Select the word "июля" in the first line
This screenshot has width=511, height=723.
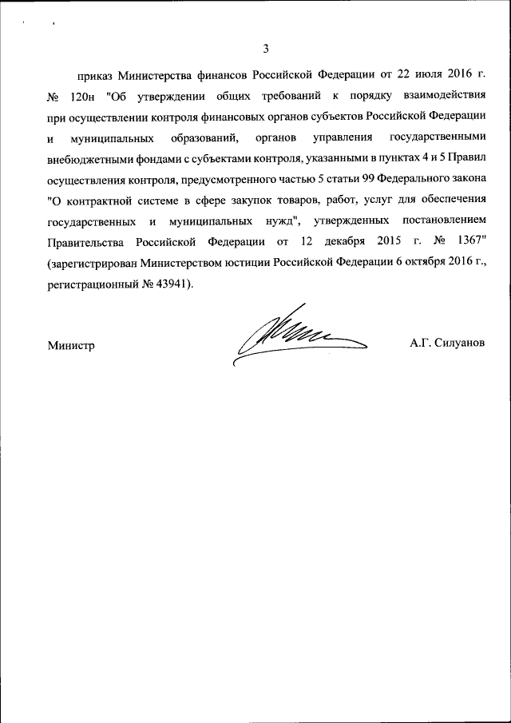[396, 76]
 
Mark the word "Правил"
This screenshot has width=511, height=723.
[466, 159]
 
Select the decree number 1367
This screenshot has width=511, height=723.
[468, 242]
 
